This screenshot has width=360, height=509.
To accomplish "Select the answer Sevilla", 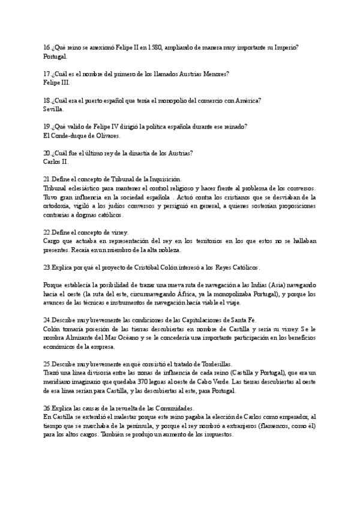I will (x=53, y=109).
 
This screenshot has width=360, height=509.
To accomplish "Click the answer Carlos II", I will (x=56, y=162).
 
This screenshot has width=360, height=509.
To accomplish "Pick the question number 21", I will (x=47, y=179).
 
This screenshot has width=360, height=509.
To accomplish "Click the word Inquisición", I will (x=164, y=179).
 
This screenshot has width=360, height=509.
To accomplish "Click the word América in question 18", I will (x=247, y=100).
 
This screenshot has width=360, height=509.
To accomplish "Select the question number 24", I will (x=47, y=320).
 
